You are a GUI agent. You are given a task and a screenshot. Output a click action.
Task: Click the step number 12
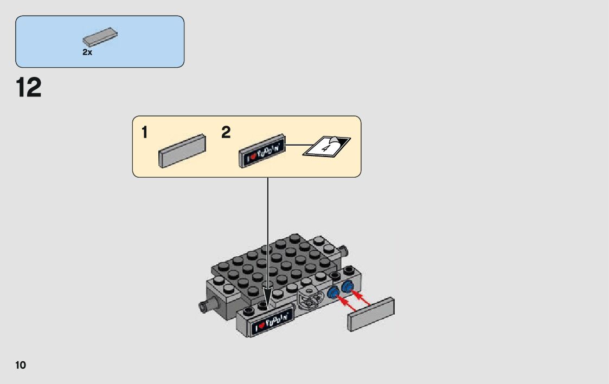(x=29, y=88)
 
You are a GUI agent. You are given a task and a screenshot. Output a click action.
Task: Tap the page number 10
(x=21, y=365)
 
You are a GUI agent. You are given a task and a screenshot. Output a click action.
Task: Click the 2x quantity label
(x=87, y=53)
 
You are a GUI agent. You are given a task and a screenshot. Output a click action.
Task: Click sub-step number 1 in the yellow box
(x=144, y=133)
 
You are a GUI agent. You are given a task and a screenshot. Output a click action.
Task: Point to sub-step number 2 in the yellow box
(x=226, y=133)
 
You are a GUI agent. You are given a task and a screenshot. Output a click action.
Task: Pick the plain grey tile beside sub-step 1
(x=182, y=150)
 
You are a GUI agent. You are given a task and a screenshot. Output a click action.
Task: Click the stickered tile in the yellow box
(x=262, y=149)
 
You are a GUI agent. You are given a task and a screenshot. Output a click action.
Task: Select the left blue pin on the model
(x=333, y=294)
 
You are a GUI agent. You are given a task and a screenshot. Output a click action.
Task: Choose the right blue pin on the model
(x=347, y=286)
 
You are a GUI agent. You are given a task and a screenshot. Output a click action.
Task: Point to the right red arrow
(x=361, y=296)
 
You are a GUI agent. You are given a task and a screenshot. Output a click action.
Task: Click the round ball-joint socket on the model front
(x=309, y=297)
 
